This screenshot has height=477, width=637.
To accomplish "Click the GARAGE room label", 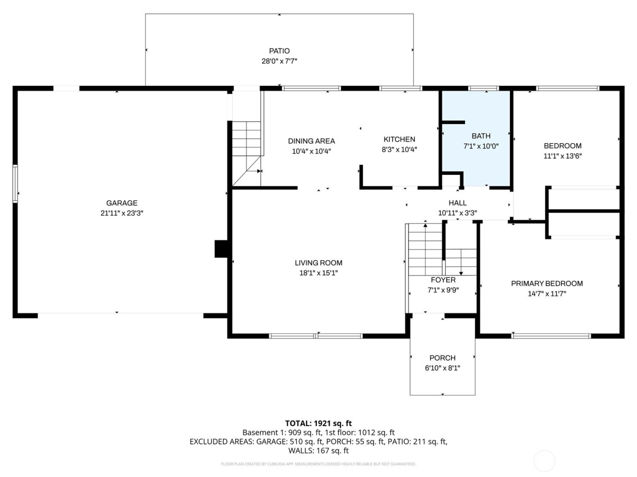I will click(x=121, y=203).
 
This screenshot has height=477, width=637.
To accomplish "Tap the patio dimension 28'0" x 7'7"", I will click(x=279, y=61).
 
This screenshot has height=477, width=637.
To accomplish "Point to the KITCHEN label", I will click(x=399, y=139).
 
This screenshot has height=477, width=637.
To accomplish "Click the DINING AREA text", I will click(x=311, y=141).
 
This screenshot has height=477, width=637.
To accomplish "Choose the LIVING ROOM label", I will click(x=318, y=263).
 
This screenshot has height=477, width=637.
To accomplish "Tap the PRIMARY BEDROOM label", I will click(x=546, y=283).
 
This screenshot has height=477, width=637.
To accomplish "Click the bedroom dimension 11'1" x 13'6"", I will click(x=562, y=156).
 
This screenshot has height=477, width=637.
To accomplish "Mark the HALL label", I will click(x=457, y=203).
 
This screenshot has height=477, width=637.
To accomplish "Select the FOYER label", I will click(x=443, y=280).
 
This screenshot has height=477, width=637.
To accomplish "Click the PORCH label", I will click(x=442, y=358).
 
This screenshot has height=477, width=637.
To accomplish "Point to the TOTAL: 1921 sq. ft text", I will click(x=318, y=423).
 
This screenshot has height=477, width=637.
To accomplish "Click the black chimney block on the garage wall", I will click(x=222, y=249).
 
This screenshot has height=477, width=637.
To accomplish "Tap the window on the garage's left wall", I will click(x=15, y=184).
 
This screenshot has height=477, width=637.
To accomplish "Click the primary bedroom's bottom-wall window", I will click(x=551, y=336).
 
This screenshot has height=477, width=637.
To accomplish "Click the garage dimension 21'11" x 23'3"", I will click(x=121, y=213).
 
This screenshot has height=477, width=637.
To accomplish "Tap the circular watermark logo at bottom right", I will click(x=544, y=460).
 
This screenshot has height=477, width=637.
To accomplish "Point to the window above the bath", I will click(x=483, y=88).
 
